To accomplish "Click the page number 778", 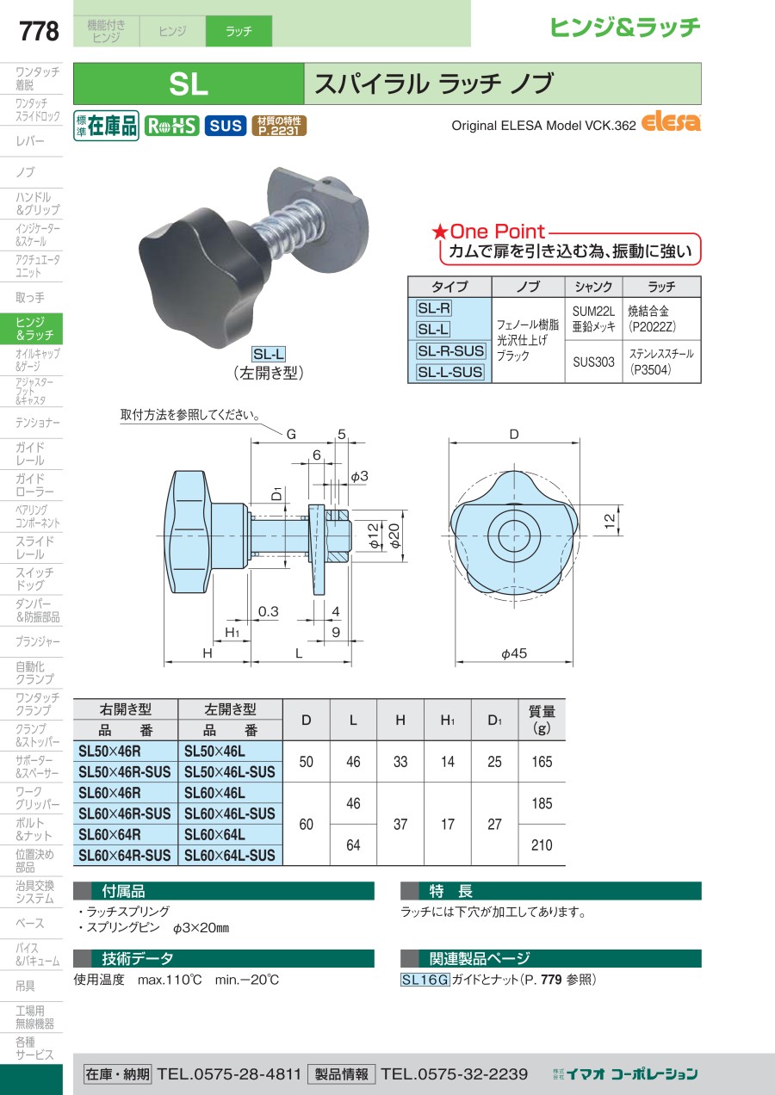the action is coord(39,31).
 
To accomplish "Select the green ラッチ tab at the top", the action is coord(239,31).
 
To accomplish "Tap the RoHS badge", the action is coord(171,127).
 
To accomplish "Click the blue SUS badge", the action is coord(226,126).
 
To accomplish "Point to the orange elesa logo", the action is coord(671,122).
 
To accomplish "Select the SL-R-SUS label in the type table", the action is coord(450,350).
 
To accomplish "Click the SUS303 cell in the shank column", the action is coord(593,362).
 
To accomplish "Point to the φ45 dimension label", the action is coord(514,653).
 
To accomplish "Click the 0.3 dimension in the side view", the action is coord(268,611).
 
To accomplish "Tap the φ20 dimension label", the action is coord(394,535).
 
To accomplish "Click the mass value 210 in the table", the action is coord(542,844).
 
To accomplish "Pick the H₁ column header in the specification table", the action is coord(448,720).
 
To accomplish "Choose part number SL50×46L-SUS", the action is coord(230,772).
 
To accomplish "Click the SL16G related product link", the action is coord(425,980).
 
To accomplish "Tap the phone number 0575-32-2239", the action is coord(455,1074).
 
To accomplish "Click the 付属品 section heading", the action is coord(123,892).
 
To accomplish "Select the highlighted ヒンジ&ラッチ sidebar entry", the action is coord(31,329).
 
